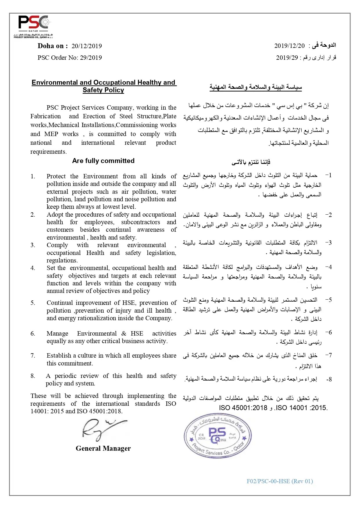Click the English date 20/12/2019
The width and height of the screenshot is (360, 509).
[86, 46]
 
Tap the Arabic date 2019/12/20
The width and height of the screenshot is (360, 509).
[289, 46]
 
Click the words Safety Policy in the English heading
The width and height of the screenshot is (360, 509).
[103, 90]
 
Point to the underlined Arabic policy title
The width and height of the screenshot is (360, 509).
[256, 87]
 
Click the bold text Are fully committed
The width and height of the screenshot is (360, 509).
[103, 161]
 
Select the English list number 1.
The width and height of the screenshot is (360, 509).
[33, 176]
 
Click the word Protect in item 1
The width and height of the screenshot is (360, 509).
[56, 176]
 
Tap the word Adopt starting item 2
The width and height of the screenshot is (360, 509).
[55, 215]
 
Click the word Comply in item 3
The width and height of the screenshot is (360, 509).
[57, 245]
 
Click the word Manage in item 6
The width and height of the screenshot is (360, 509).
[57, 334]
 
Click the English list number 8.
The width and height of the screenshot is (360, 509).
[33, 376]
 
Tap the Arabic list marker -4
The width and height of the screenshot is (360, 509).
[328, 267]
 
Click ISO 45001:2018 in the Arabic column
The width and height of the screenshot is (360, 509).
[243, 408]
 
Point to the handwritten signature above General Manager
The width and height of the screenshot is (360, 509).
[102, 429]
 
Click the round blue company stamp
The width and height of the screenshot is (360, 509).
[218, 436]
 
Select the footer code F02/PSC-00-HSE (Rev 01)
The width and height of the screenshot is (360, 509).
[279, 481]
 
